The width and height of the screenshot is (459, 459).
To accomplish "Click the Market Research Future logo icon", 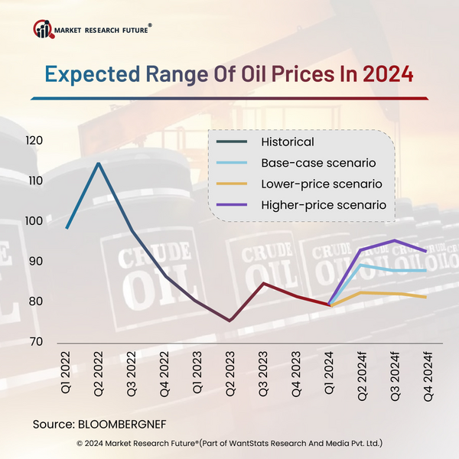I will pos(43,30).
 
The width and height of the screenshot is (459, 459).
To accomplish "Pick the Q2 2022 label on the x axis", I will pos(99,375).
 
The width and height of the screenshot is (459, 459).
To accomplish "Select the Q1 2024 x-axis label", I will pos(329,375).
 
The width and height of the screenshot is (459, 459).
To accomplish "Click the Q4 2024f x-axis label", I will pos(425,378).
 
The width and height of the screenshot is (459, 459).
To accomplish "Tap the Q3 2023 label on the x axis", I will pos(263,375).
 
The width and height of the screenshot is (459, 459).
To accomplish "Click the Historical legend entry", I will pos(287,142).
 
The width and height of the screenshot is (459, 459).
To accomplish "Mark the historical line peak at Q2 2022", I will pos(98,163).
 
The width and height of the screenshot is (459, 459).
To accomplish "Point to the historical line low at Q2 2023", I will pos(229,321).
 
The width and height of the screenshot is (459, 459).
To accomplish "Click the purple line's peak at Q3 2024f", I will pos(394,240).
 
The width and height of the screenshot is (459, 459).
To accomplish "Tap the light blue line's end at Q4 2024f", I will pos(425,271).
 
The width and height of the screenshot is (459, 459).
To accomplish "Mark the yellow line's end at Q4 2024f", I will pos(425,297).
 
